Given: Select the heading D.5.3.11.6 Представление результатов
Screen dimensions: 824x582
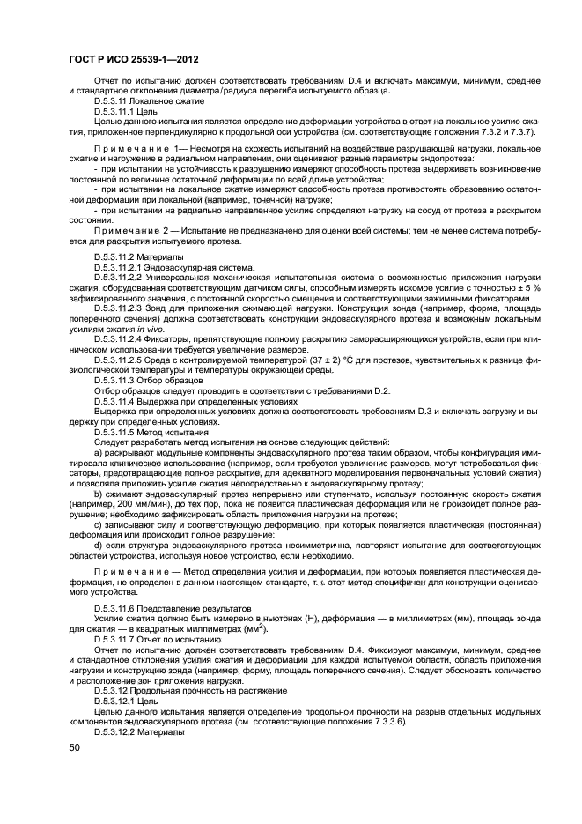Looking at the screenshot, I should (x=172, y=608).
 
